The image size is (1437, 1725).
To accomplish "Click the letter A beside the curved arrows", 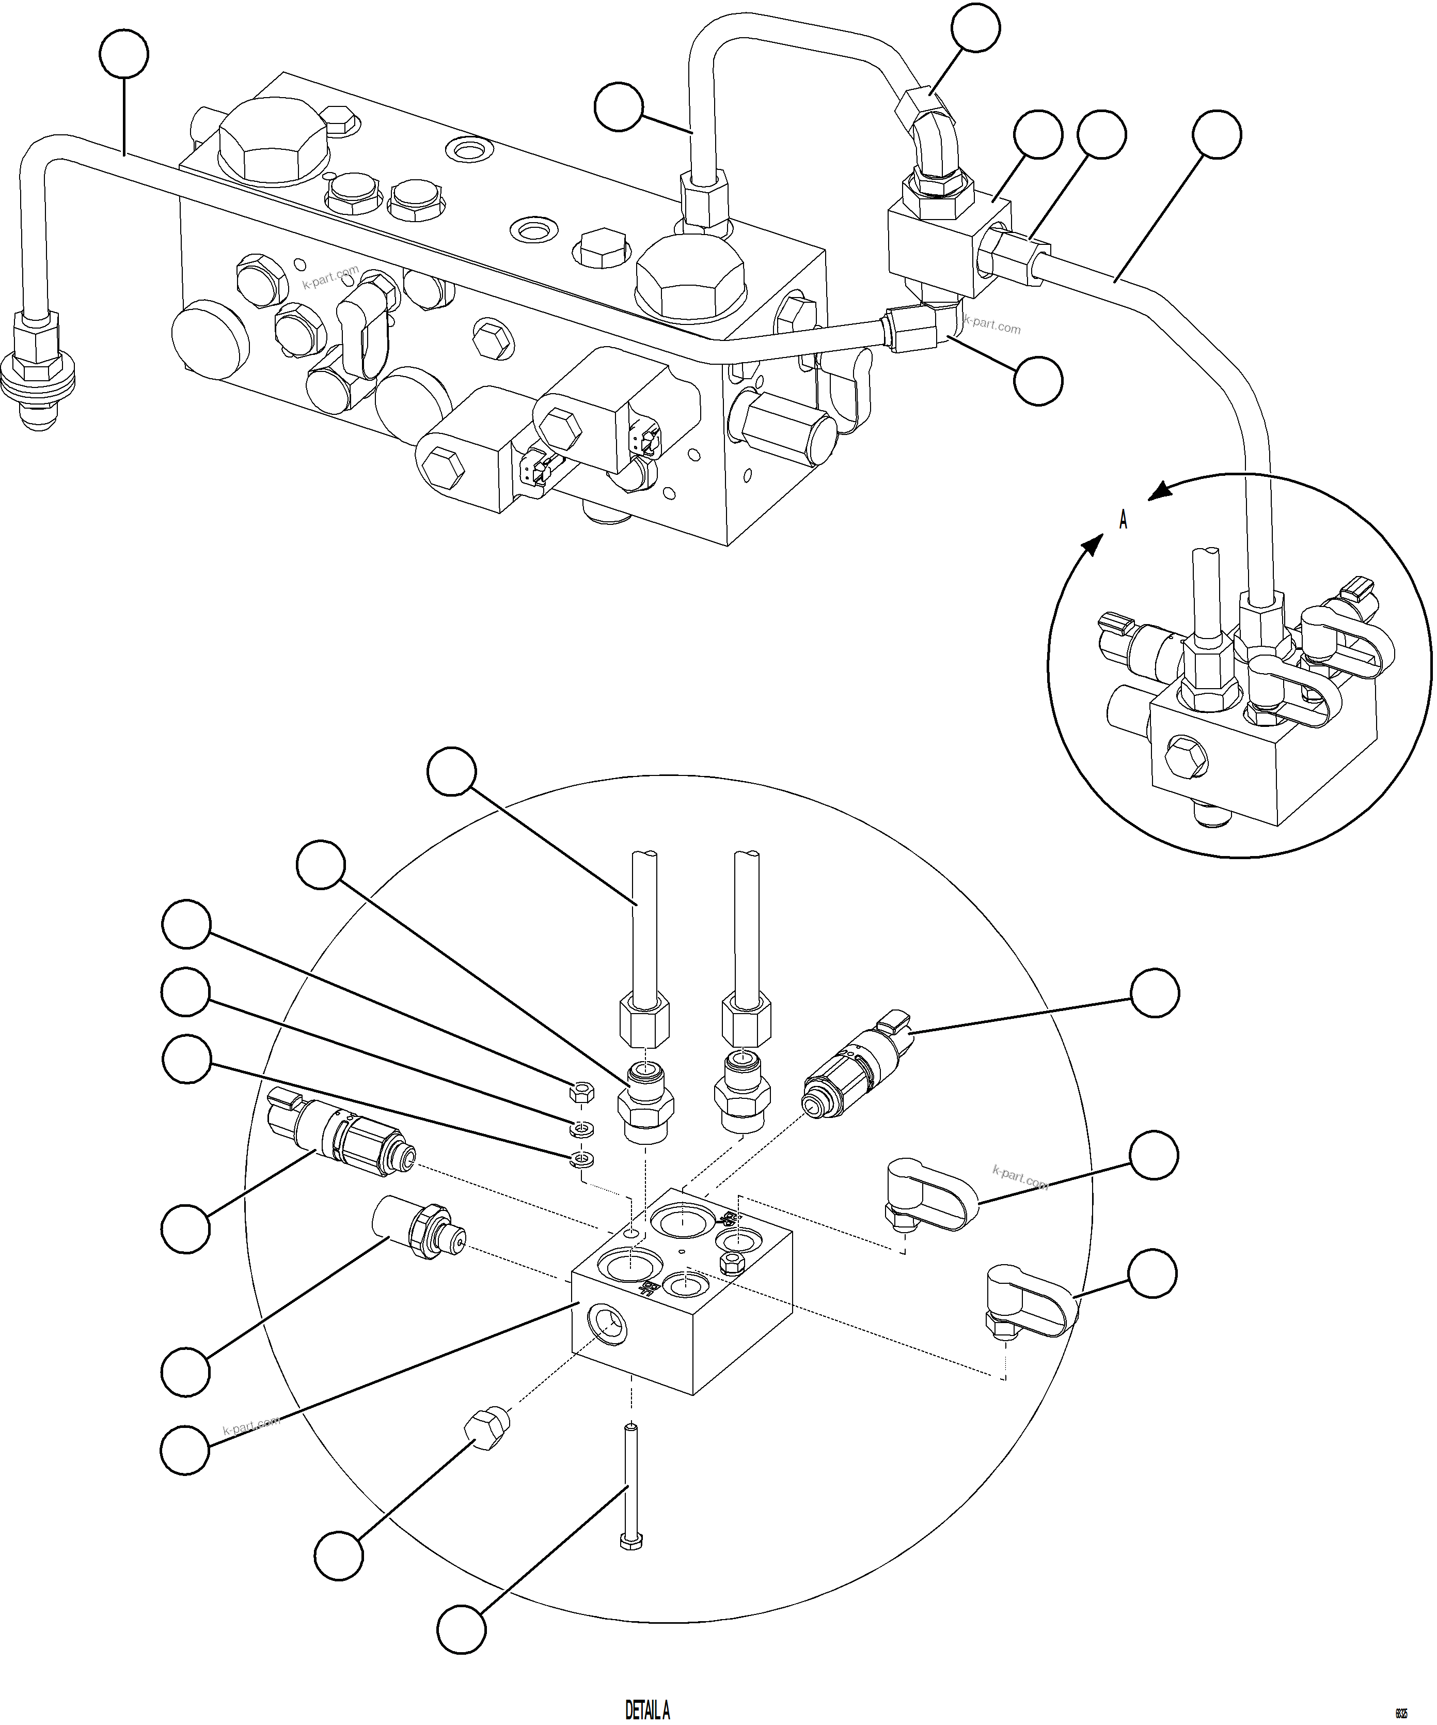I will [x=1123, y=520].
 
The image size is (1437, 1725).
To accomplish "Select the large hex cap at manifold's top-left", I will [x=274, y=141].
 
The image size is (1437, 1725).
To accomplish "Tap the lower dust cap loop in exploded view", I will [x=1031, y=1306].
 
